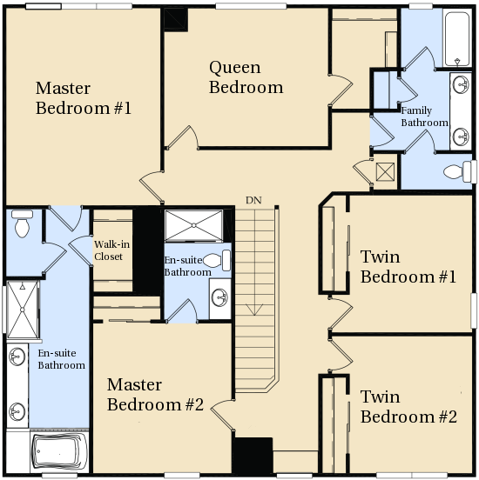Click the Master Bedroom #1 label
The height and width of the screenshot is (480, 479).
pyautogui.click(x=84, y=98)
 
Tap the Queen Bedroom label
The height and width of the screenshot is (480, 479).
pyautogui.click(x=246, y=77)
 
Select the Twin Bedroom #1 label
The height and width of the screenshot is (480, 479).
pyautogui.click(x=408, y=267)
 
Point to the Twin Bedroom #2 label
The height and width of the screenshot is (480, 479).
pyautogui.click(x=408, y=407)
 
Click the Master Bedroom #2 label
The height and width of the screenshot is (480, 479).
pyautogui.click(x=155, y=394)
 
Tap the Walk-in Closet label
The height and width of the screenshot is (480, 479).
pyautogui.click(x=112, y=250)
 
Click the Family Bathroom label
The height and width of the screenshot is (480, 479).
pyautogui.click(x=424, y=117)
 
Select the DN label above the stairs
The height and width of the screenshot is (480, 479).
pyautogui.click(x=253, y=200)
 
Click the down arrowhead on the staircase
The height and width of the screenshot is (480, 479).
pyautogui.click(x=254, y=310)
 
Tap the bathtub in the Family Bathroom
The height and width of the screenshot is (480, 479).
pyautogui.click(x=457, y=39)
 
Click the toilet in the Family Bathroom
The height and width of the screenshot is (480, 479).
pyautogui.click(x=458, y=172)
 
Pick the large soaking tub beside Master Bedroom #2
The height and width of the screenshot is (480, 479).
pyautogui.click(x=60, y=451)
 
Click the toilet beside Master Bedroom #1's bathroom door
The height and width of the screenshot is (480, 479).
pyautogui.click(x=22, y=223)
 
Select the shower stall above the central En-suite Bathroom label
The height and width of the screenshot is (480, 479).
pyautogui.click(x=194, y=225)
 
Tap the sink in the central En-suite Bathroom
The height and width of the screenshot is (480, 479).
pyautogui.click(x=220, y=298)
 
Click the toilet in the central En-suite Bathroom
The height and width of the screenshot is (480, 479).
pyautogui.click(x=217, y=260)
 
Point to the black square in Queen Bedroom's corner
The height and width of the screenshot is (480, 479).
pyautogui.click(x=175, y=19)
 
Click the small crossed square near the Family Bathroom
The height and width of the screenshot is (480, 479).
pyautogui.click(x=385, y=172)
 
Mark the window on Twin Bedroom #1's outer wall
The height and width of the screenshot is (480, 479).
pyautogui.click(x=474, y=310)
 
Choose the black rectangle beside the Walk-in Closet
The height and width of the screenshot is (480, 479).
pyautogui.click(x=147, y=251)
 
